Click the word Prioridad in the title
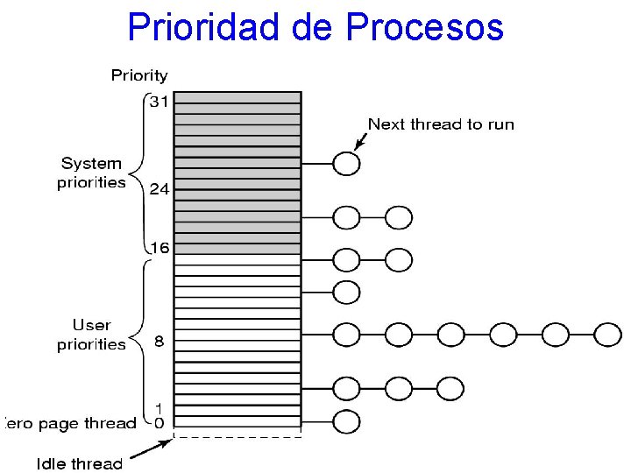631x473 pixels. (204, 27)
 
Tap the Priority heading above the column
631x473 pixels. (139, 75)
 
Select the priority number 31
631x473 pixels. (159, 102)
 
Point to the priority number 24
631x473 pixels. (159, 189)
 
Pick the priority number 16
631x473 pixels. (159, 248)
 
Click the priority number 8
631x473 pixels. (159, 341)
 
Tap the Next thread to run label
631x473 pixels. (441, 124)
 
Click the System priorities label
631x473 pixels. (91, 173)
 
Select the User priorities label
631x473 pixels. (91, 335)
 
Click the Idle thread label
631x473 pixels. (80, 463)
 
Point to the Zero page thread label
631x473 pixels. (70, 423)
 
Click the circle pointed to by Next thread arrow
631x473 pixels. (347, 163)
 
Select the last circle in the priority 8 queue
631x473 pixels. (607, 334)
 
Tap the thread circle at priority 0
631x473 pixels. (347, 421)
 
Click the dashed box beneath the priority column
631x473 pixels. (238, 432)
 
